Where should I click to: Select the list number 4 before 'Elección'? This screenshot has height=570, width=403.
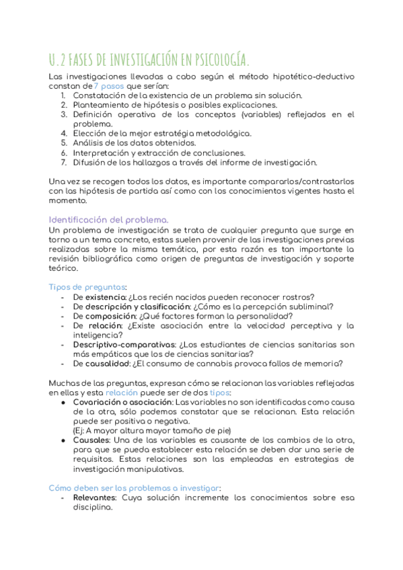pyautogui.click(x=63, y=133)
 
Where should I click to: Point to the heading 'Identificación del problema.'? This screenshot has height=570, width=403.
pyautogui.click(x=109, y=220)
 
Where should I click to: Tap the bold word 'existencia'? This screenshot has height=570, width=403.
pyautogui.click(x=104, y=297)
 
